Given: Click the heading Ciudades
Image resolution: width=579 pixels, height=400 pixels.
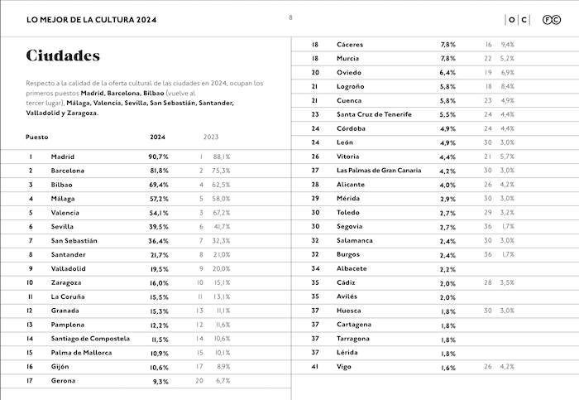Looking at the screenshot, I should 63,56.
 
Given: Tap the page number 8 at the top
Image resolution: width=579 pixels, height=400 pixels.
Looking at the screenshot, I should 290,17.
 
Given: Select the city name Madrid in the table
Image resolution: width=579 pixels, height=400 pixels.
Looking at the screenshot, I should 62,156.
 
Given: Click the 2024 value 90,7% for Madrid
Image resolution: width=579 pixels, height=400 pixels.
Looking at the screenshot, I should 159,156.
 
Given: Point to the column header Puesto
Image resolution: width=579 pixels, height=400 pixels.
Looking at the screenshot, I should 37,137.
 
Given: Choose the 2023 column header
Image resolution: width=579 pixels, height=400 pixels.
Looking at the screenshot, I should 211,137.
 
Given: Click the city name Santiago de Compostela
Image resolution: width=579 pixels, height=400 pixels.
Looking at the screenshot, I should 90,339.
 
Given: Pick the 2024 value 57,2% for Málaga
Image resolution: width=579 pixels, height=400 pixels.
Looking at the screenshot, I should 159,198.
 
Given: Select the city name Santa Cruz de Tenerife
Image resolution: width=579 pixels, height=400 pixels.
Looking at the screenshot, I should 374,114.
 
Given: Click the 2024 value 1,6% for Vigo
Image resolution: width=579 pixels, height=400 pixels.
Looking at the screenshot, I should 447,367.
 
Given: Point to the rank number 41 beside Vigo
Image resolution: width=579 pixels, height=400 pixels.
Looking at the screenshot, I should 315,367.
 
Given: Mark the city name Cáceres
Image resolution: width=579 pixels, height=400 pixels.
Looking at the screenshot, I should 351,44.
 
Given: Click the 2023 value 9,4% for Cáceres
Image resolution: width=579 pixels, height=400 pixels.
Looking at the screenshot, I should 507,44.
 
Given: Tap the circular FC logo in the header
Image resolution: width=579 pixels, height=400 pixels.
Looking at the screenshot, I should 548,19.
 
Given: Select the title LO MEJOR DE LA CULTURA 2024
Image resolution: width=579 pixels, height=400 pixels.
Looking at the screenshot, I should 90,19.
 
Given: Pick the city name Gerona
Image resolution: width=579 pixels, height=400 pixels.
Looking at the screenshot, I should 63,381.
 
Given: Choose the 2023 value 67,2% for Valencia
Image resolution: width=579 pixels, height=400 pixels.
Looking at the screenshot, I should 222,212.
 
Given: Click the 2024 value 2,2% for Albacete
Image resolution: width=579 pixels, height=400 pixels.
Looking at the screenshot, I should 447,268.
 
